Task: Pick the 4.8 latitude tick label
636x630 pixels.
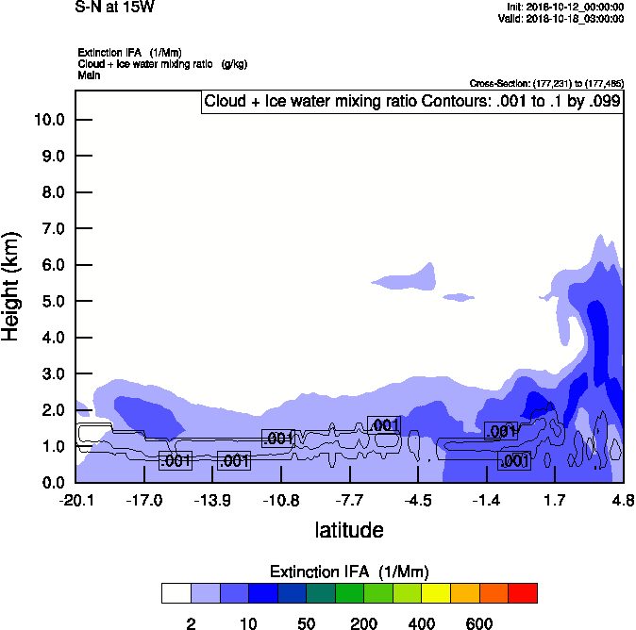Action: pos(622,500)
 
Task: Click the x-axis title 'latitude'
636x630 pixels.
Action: pos(349,530)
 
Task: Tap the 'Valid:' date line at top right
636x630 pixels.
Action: pos(561,18)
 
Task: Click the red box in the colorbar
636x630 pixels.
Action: pos(523,592)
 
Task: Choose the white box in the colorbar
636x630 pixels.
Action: pos(176,592)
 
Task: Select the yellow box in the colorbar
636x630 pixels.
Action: pos(436,592)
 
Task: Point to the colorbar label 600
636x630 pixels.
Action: pos(479,623)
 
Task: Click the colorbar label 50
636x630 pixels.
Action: pos(307,623)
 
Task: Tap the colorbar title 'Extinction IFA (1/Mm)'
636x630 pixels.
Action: pos(349,572)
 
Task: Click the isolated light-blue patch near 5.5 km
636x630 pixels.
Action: pos(408,276)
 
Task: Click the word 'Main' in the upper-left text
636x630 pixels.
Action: pos(90,75)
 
